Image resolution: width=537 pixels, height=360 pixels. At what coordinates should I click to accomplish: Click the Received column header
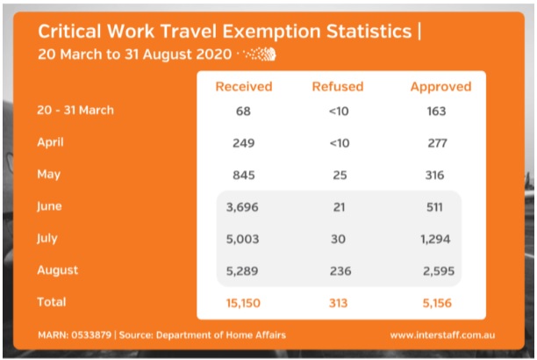(x=244, y=87)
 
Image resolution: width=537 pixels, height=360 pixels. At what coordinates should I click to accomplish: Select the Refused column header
(x=339, y=87)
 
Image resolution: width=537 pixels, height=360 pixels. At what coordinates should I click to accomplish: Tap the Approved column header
(x=440, y=87)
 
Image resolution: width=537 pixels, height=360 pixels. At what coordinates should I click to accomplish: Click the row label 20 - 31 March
(x=75, y=111)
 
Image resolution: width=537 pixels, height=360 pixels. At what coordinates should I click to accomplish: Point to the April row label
(x=50, y=142)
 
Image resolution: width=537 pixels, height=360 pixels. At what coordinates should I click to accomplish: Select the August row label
(x=57, y=270)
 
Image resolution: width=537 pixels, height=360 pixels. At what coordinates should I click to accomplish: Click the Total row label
(x=51, y=301)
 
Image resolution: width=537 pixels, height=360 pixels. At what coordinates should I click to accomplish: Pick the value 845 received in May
(x=243, y=175)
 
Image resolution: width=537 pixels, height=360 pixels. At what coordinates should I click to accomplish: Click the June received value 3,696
(x=243, y=207)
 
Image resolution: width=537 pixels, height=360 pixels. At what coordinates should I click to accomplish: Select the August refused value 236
(x=339, y=271)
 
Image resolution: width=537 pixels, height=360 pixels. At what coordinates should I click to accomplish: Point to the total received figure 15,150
(x=243, y=302)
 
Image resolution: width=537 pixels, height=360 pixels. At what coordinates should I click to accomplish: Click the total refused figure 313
(x=339, y=302)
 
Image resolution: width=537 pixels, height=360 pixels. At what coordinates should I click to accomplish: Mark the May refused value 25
(x=339, y=175)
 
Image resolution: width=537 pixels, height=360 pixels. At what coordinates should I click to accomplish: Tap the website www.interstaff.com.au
(x=446, y=335)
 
